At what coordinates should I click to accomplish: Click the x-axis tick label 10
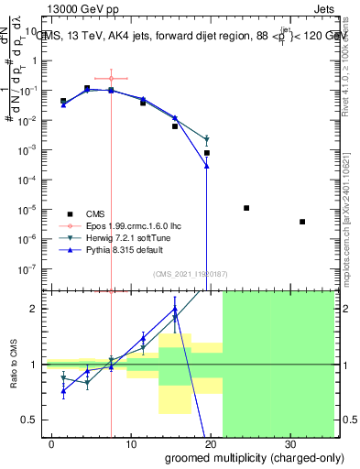(x=131, y=442)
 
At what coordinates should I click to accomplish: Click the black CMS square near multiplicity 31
(x=302, y=222)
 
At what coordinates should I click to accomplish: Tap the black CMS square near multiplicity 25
(x=246, y=208)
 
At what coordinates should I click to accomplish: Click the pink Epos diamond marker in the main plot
(x=111, y=78)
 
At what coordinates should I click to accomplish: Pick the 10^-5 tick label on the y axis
(x=30, y=210)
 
